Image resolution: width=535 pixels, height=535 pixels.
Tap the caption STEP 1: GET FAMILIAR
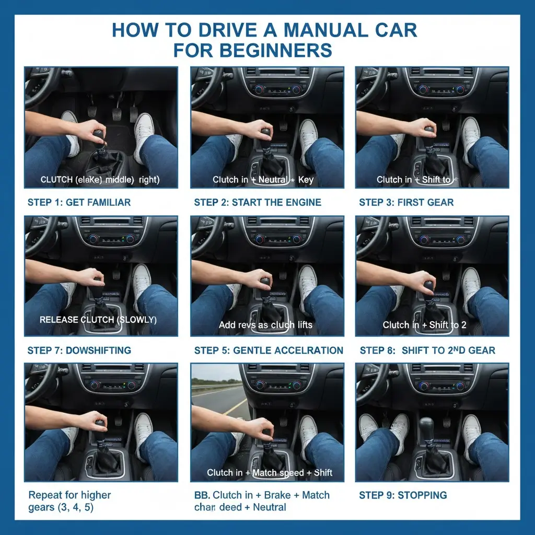tap(78, 202)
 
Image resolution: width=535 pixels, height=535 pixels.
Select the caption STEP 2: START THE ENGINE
tap(257, 202)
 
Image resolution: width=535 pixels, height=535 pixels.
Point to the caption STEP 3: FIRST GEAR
tap(406, 202)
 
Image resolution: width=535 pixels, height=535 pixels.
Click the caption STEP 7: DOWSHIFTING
tap(78, 350)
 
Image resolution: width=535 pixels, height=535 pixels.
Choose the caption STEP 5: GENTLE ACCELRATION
tap(268, 350)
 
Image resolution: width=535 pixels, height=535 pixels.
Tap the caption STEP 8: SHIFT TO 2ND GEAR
tap(427, 350)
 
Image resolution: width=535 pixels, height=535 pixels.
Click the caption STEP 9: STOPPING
tap(402, 495)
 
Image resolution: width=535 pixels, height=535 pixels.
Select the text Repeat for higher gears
tap(69, 501)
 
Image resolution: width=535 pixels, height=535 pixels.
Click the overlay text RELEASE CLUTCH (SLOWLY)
tap(98, 319)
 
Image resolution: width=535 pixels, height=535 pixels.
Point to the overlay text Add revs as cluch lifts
tap(265, 325)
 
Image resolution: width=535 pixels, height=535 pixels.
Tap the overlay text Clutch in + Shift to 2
tap(424, 325)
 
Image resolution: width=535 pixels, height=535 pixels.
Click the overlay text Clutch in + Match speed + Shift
tap(269, 473)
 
